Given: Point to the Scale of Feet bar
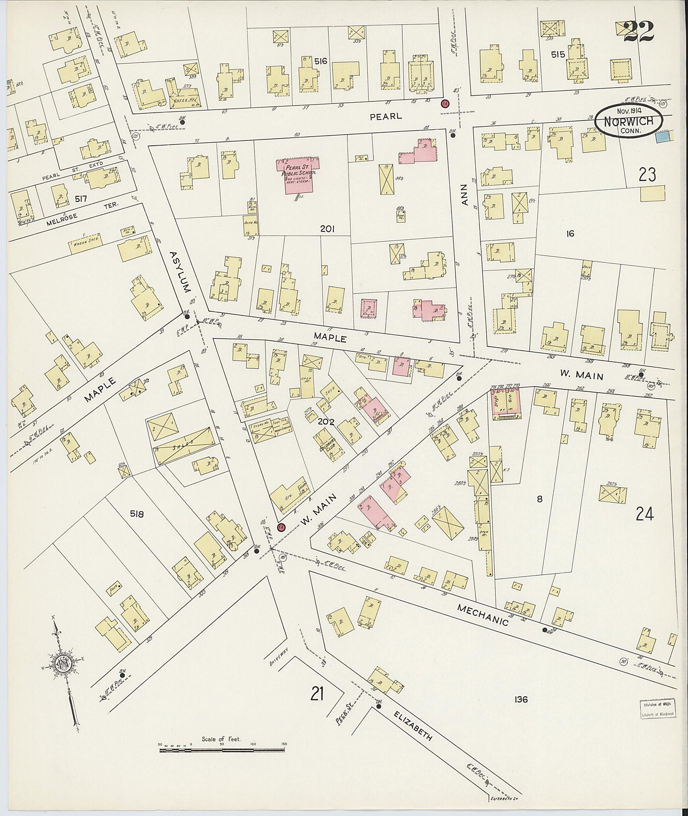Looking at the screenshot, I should coord(222,750).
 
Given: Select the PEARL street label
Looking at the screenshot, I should coord(386,117).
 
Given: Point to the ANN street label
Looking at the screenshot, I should coord(464,194).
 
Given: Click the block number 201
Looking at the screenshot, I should coord(327,228).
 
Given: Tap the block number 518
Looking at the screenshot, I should coord(137,514).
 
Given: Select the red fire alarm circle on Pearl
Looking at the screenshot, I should coord(444,103).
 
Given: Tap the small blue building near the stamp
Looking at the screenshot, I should coord(662,136).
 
